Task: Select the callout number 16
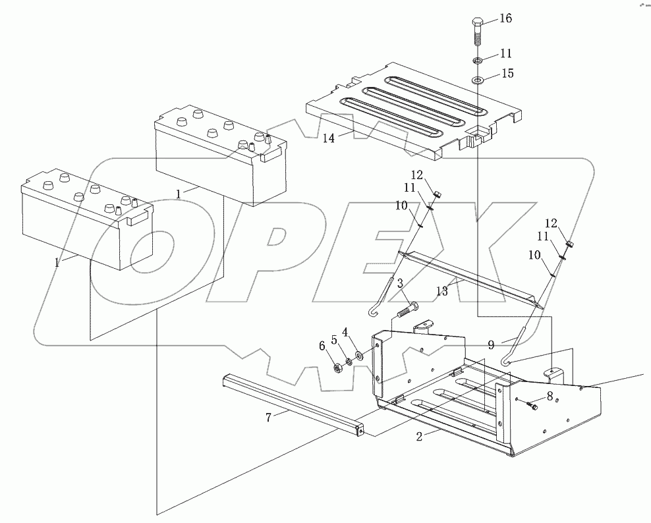[x=505, y=18]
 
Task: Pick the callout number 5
[x=334, y=340]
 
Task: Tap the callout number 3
[x=400, y=283]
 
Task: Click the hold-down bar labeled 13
[x=471, y=277]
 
